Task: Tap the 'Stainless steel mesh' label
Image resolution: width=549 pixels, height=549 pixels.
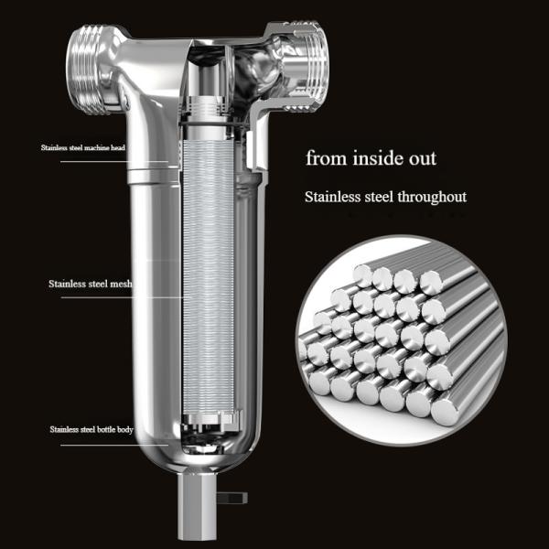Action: pos(91,284)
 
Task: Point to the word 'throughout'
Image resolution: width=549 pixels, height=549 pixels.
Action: pos(429,197)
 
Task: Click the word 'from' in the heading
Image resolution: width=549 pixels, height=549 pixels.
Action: pos(324,158)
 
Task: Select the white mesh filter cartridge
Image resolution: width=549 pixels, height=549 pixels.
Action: pos(208,274)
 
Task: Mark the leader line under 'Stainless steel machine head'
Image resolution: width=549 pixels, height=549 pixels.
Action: pos(119,161)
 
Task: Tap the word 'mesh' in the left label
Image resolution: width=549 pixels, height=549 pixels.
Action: pos(120,284)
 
